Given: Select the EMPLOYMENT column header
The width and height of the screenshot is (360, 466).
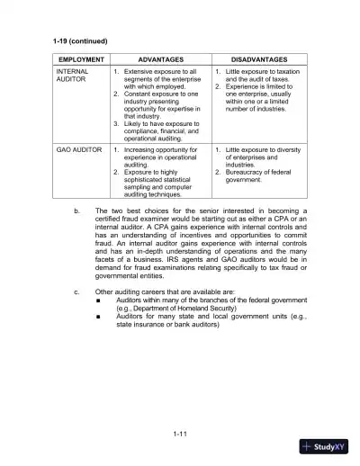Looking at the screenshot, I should click(x=81, y=58).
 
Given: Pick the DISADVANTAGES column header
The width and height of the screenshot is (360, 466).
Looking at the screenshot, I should click(x=261, y=58).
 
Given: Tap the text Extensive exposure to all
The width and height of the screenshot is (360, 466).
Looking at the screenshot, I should click(x=160, y=70).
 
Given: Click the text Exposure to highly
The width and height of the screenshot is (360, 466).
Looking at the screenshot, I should click(x=155, y=172).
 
